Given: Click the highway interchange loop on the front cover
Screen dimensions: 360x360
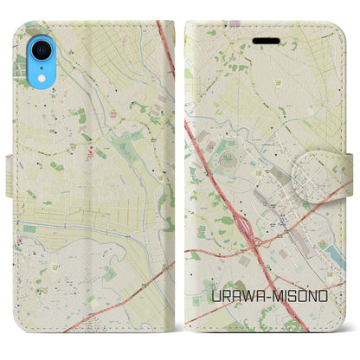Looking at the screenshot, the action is coord(251,228).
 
